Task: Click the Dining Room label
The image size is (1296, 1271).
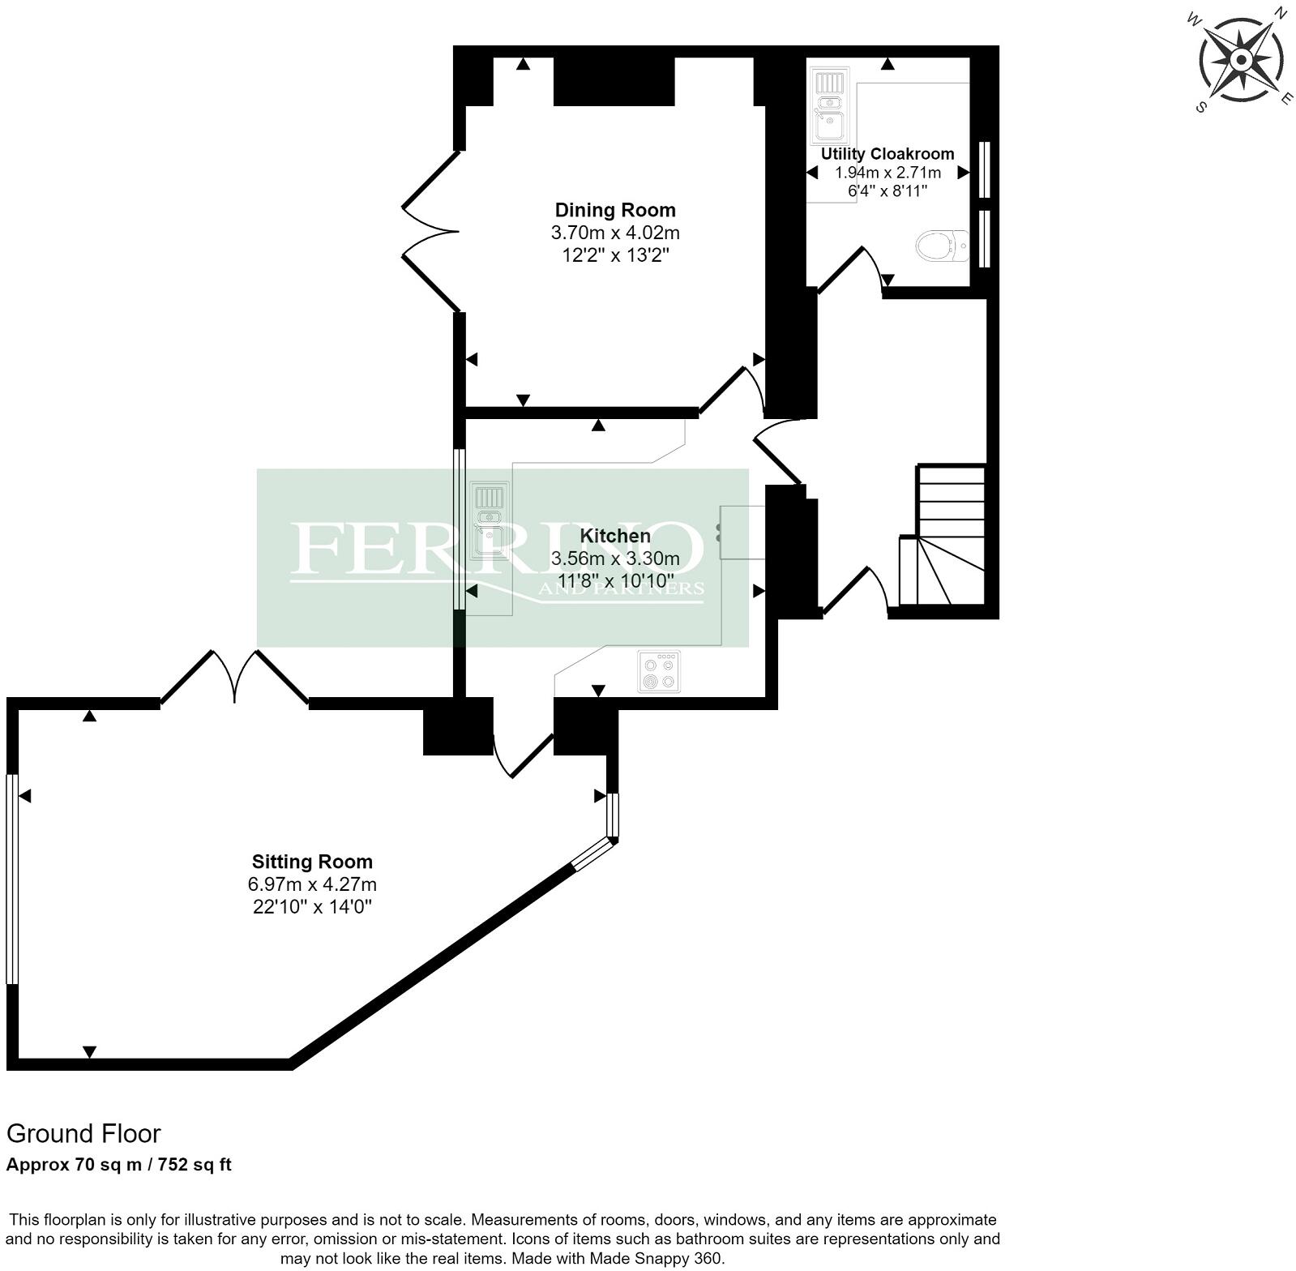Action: pyautogui.click(x=614, y=210)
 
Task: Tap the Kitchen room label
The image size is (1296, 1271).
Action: pyautogui.click(x=614, y=536)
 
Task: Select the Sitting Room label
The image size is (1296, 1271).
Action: pyautogui.click(x=312, y=862)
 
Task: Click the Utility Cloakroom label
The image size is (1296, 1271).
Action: pyautogui.click(x=888, y=153)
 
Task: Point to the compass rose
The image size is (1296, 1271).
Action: pyautogui.click(x=1240, y=60)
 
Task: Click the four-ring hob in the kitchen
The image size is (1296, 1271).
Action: pyautogui.click(x=658, y=672)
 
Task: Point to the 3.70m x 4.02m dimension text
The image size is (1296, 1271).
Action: pyautogui.click(x=614, y=233)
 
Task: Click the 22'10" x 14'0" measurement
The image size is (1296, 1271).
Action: pyautogui.click(x=312, y=906)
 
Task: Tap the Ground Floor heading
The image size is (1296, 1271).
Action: pyautogui.click(x=83, y=1133)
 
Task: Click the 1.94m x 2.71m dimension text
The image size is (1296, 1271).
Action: pyautogui.click(x=888, y=173)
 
